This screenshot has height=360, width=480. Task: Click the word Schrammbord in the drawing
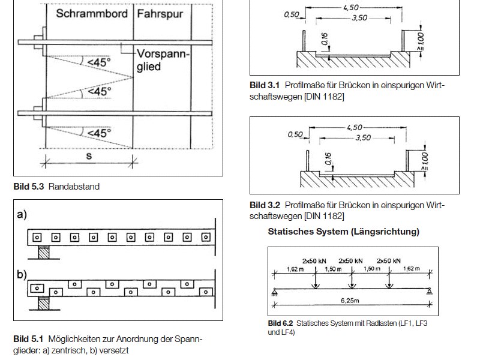(92, 13)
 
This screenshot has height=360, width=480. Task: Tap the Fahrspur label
(160, 14)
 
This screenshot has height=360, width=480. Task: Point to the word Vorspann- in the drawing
(163, 54)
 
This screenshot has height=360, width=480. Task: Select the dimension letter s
(89, 156)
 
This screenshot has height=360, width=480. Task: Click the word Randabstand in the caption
(74, 187)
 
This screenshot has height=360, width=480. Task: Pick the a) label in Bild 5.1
(22, 214)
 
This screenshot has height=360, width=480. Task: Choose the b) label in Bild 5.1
(22, 275)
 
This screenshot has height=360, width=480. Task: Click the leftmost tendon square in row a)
(37, 237)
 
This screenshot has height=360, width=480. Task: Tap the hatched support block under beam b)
(43, 303)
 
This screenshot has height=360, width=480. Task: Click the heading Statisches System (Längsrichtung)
(343, 232)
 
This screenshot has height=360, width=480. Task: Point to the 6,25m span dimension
(350, 301)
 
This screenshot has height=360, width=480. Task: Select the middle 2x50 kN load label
(350, 261)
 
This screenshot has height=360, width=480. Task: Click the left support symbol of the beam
(275, 292)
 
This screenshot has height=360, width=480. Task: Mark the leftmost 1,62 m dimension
(295, 269)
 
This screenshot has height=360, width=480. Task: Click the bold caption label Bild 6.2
(280, 323)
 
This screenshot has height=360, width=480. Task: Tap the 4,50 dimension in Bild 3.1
(350, 7)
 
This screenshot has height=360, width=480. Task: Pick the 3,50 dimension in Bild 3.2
(363, 138)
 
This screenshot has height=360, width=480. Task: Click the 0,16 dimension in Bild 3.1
(325, 39)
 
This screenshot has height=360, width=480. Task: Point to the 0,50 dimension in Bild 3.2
(295, 134)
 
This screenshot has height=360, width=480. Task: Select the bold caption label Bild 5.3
(29, 187)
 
